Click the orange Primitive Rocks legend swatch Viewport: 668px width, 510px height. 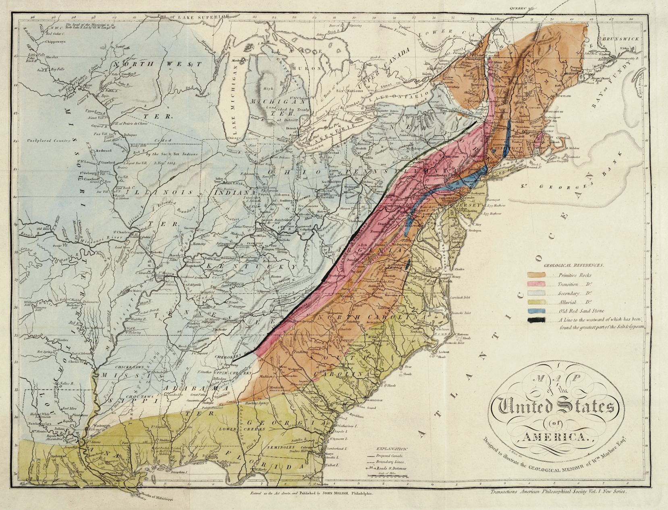pos(536,275)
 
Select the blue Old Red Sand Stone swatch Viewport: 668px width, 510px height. pos(536,312)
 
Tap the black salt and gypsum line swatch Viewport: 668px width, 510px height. pos(536,320)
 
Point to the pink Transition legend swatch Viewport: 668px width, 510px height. pos(536,284)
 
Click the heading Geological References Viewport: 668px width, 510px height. pos(574,266)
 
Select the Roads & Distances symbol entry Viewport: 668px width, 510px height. pos(390,468)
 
